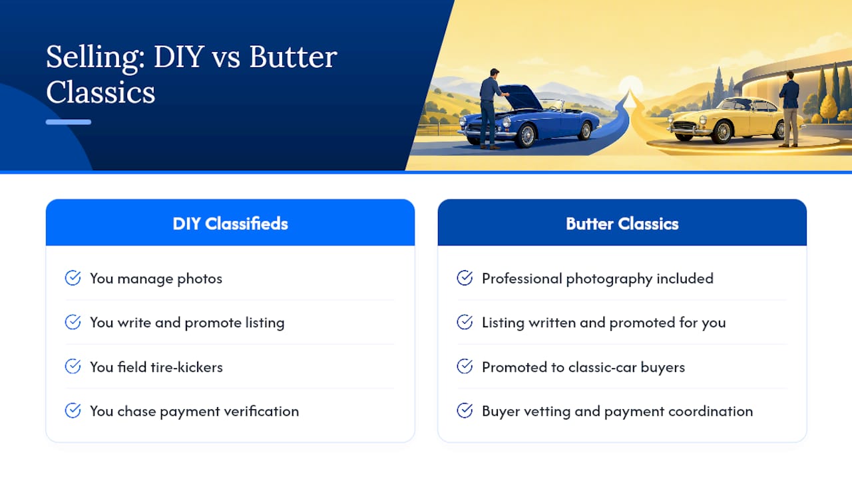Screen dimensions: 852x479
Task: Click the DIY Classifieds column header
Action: (230, 224)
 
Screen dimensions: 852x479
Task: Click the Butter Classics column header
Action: (622, 224)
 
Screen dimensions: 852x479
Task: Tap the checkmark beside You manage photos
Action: (73, 278)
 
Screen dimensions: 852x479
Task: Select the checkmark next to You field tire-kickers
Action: (73, 367)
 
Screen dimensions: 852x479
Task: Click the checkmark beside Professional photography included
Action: (465, 278)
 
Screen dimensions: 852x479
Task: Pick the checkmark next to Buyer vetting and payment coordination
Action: (465, 410)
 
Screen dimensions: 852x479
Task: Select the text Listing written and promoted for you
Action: (604, 323)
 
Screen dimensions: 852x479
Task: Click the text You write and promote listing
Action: (187, 323)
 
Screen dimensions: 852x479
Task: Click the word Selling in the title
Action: (95, 58)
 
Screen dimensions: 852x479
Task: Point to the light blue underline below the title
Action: (69, 122)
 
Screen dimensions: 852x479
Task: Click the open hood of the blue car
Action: (521, 96)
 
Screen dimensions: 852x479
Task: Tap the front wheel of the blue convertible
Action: (527, 135)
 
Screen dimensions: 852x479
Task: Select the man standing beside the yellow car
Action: (790, 109)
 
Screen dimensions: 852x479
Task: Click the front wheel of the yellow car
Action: (724, 132)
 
